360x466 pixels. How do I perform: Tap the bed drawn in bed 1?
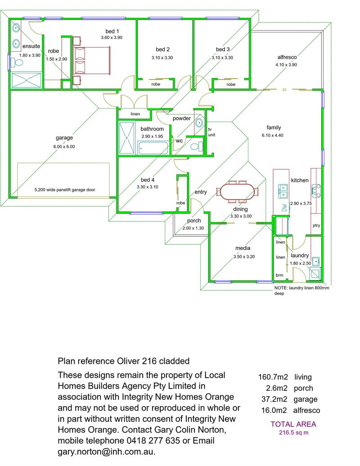point(92,60)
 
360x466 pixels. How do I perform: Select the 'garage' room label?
point(64,138)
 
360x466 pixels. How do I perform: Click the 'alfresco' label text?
point(286,57)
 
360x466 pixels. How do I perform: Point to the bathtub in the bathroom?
point(153,147)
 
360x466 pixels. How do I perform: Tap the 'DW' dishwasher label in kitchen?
point(284,208)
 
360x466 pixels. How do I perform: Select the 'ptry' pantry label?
point(316,226)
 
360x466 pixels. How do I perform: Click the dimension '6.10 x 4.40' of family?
point(274,135)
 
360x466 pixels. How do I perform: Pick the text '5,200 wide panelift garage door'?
point(64,190)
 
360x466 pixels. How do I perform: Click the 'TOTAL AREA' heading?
point(293,424)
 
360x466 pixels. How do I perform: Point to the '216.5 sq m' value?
point(293,433)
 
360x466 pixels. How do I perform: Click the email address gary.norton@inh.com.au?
point(106,451)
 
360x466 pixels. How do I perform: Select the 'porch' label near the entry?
point(194,221)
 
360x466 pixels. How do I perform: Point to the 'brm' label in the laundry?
point(279,275)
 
